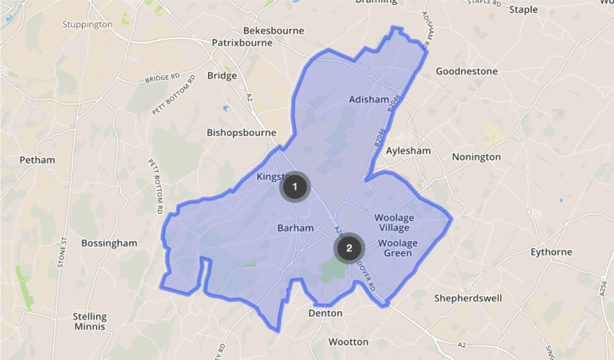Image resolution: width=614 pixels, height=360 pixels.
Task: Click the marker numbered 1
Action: (295, 187)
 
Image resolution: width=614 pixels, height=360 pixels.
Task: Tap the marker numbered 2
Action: (349, 248)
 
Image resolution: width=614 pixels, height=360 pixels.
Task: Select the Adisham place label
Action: (369, 100)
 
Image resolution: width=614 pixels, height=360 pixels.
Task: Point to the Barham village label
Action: (296, 228)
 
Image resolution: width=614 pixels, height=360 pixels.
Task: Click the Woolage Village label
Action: (394, 223)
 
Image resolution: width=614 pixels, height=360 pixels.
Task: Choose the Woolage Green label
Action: (397, 248)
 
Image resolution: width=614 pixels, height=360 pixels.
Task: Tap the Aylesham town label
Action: (408, 151)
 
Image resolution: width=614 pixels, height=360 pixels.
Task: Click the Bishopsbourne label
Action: (241, 133)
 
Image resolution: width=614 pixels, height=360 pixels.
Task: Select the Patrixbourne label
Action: (242, 43)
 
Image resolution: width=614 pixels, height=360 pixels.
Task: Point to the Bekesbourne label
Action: (274, 31)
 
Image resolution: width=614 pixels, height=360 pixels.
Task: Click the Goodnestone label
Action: (466, 71)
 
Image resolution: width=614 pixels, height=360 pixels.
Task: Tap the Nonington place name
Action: (476, 157)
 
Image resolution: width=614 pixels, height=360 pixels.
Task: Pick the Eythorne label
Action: (551, 252)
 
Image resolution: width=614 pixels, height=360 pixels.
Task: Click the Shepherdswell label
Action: (468, 298)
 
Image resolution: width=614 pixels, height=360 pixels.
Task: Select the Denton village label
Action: (325, 313)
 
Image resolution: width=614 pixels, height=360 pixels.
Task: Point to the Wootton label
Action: (348, 342)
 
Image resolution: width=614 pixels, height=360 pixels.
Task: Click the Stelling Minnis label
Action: (90, 321)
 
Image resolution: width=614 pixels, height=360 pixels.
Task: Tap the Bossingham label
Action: (109, 243)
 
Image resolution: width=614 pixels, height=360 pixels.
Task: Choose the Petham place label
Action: (37, 160)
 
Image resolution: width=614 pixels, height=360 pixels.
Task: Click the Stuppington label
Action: (87, 25)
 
